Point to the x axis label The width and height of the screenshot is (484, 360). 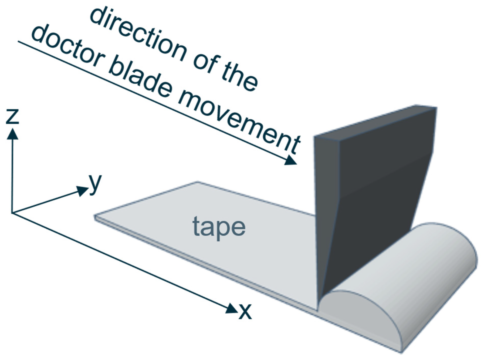(245, 311)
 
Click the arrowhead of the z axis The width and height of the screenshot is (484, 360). (12, 134)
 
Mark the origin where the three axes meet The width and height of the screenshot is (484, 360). (12, 213)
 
